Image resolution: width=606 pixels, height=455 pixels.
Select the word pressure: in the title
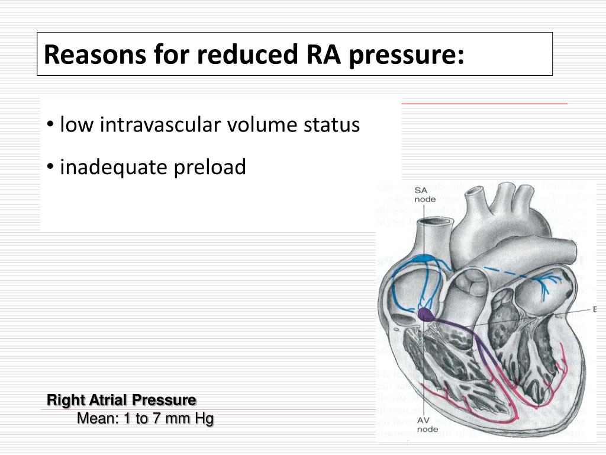pos(405,55)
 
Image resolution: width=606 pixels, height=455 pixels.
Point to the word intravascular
pos(160,125)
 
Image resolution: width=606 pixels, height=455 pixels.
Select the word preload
pos(209,168)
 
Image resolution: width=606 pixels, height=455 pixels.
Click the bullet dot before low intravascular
pos(51,125)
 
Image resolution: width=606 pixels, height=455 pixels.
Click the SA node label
pos(424,194)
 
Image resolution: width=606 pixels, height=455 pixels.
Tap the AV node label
pos(427,424)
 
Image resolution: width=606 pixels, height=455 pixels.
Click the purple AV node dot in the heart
pos(426,314)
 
